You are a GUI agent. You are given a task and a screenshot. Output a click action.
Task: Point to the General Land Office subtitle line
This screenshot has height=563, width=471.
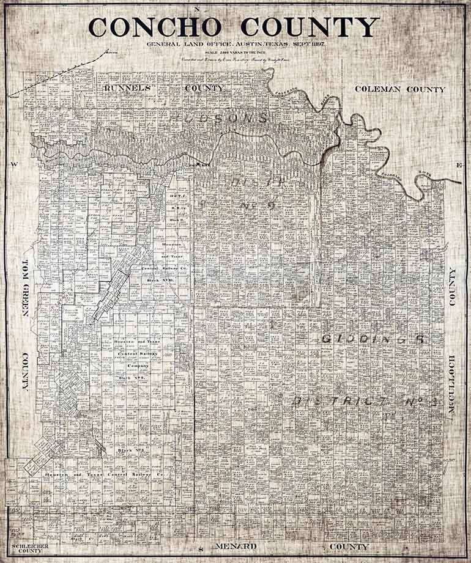(235, 45)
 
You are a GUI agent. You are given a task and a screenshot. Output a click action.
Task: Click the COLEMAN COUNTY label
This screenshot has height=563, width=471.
(400, 89)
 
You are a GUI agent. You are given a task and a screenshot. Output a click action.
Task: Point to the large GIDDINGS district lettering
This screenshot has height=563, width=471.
(373, 339)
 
